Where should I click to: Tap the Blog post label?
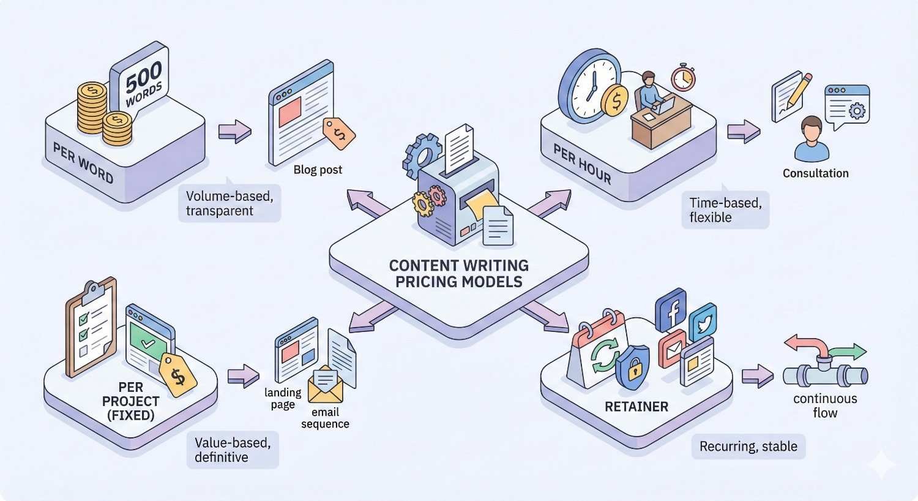(x=318, y=170)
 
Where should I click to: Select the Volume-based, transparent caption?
(x=229, y=203)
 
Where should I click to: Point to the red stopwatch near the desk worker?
(x=682, y=77)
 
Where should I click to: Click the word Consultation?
(x=815, y=173)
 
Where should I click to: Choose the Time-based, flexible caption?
(x=725, y=210)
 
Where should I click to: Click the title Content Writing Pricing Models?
(x=458, y=274)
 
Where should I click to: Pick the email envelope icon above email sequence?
(x=326, y=384)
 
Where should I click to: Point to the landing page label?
(x=283, y=398)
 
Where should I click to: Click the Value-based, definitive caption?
(x=232, y=450)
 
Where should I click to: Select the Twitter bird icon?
(x=703, y=322)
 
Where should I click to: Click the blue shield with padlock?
(x=633, y=366)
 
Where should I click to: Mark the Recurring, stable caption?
(x=748, y=446)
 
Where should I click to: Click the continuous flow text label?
(x=824, y=405)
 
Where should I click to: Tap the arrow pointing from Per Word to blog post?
(x=235, y=130)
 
